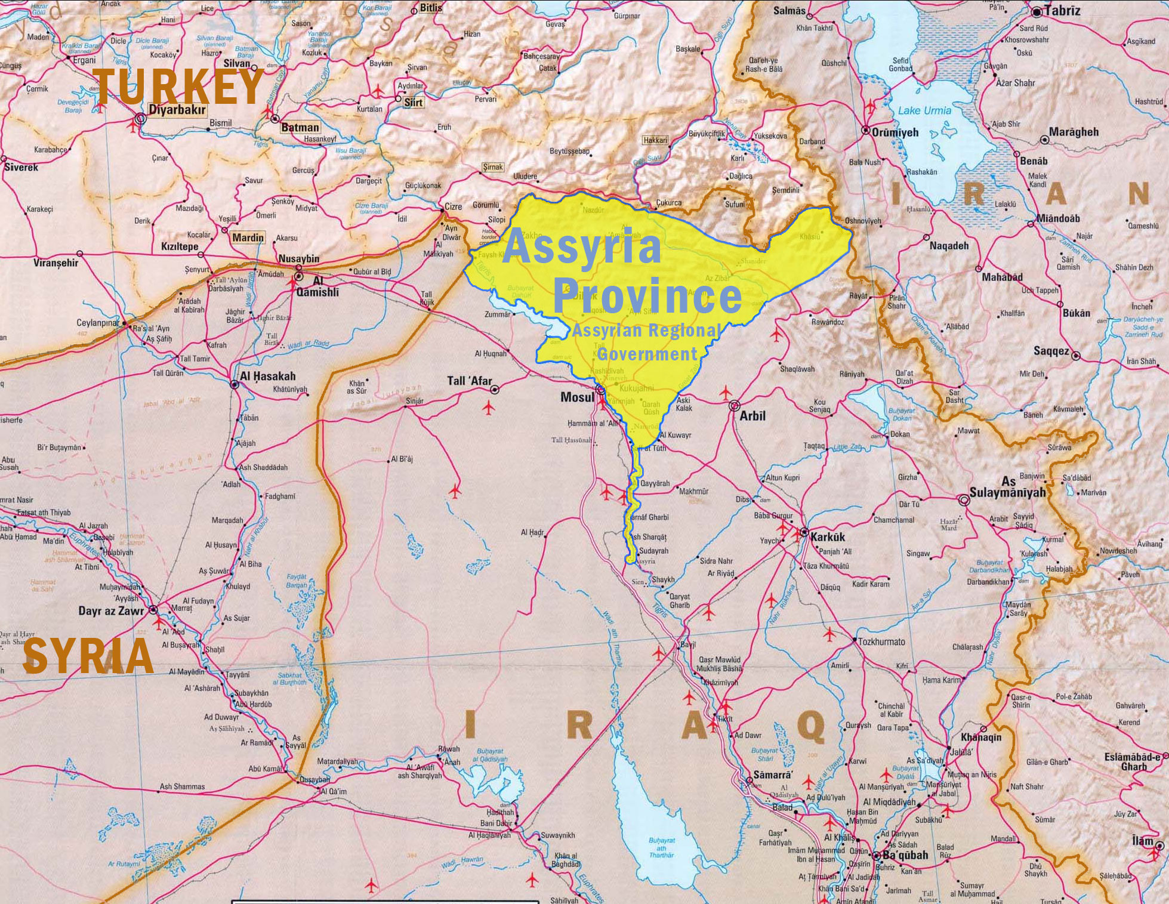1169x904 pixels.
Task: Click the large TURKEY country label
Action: tap(178, 87)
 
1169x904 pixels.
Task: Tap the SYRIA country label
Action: tap(88, 656)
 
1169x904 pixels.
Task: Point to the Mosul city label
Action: tap(576, 397)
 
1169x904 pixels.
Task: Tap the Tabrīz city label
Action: tap(1062, 11)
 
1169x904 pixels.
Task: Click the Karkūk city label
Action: tap(828, 536)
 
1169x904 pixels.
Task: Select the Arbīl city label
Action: tap(752, 415)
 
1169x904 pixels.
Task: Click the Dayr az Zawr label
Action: tap(111, 611)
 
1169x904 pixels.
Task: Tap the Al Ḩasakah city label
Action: tap(267, 377)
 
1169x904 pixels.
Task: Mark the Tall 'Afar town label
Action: tap(470, 381)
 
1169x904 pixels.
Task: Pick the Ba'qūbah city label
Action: tap(905, 855)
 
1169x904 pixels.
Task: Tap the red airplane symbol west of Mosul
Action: tap(488, 409)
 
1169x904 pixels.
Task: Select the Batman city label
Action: tap(300, 127)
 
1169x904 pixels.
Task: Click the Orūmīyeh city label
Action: tap(895, 132)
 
